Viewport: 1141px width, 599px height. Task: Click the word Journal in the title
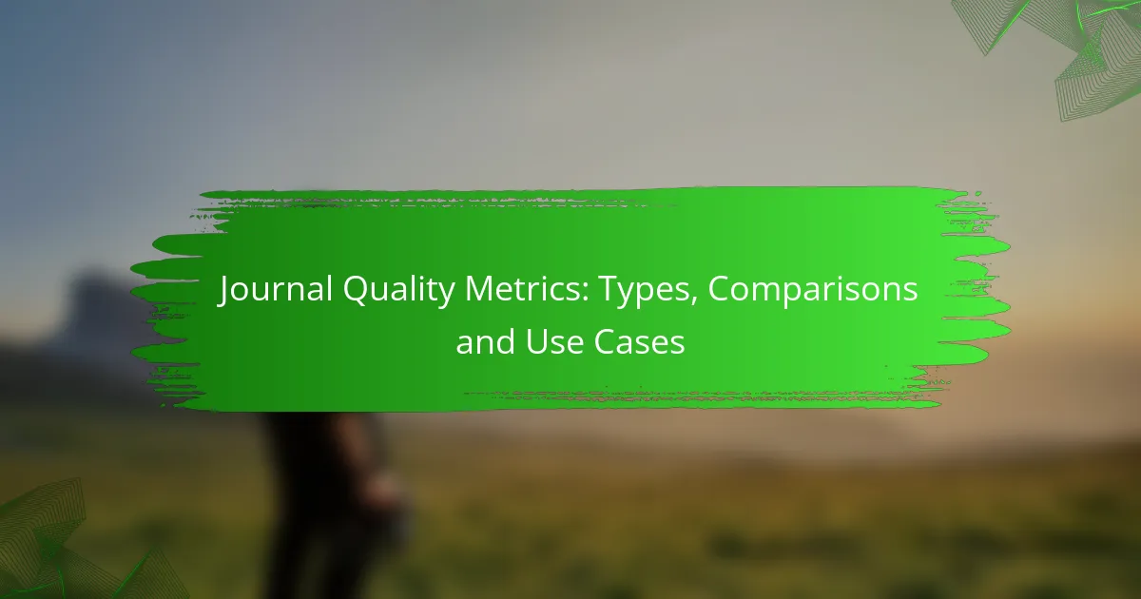[276, 290]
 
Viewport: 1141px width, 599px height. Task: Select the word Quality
[399, 291]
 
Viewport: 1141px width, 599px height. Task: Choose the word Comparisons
[812, 291]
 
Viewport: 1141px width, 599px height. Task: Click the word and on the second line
[486, 341]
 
